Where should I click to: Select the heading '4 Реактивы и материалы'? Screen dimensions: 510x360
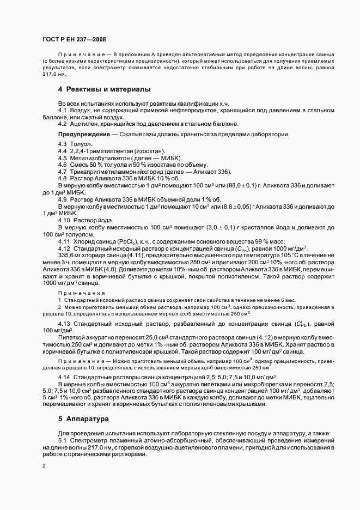pos(104,89)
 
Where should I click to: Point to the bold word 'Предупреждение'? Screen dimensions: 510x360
pos(82,135)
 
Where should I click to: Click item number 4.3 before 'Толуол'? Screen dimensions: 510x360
pos(62,144)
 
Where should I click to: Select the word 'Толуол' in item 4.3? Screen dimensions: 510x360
pos(79,144)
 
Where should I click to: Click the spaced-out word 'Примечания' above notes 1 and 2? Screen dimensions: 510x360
pos(82,293)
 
